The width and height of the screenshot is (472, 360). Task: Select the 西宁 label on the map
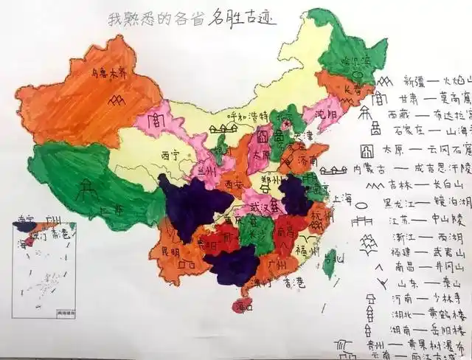point(170,156)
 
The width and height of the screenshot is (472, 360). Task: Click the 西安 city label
point(235,183)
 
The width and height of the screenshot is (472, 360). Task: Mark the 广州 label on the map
point(281,263)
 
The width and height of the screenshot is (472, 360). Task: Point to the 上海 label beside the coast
point(342,198)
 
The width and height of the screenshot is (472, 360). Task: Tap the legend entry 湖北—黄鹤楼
point(428,312)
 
